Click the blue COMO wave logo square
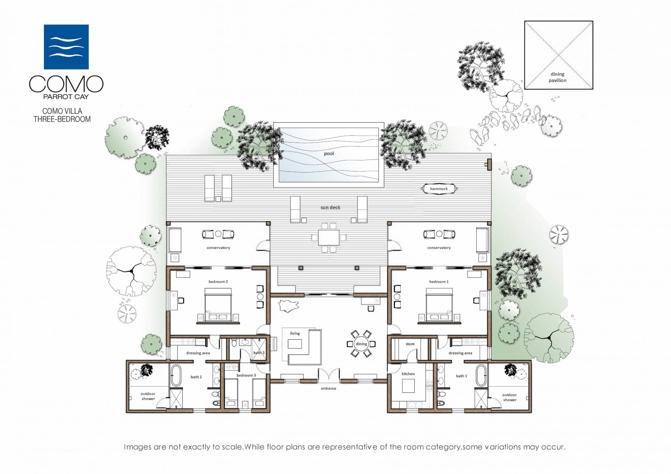click(x=66, y=47)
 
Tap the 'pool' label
click(x=329, y=153)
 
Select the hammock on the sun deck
click(x=439, y=189)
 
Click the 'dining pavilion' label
click(x=557, y=77)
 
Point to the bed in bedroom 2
click(x=218, y=304)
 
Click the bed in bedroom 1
click(x=439, y=304)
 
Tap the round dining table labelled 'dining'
click(x=361, y=344)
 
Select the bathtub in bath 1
click(x=481, y=375)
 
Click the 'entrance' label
click(x=329, y=388)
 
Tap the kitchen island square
click(x=408, y=386)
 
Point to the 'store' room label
click(x=410, y=344)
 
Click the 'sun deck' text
click(x=330, y=208)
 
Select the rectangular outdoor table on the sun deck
click(x=329, y=237)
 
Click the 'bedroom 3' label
click(x=246, y=375)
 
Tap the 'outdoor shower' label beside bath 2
click(x=148, y=396)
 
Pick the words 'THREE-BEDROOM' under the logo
click(x=62, y=119)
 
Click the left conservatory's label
click(x=218, y=248)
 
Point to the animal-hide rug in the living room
click(x=289, y=306)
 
